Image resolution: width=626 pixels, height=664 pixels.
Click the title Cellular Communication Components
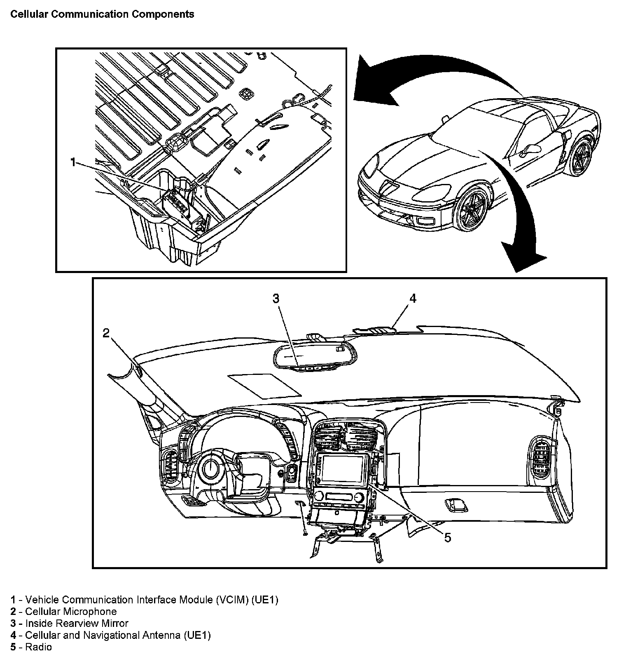[102, 14]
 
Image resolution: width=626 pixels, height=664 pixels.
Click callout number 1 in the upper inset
[73, 162]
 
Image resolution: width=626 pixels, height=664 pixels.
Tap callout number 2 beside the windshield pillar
[106, 333]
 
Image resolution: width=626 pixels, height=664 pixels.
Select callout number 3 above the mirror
[276, 298]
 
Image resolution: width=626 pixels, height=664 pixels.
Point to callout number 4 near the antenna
[412, 298]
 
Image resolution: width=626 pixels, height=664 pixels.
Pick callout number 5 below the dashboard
[447, 537]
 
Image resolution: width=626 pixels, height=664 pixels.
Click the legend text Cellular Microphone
[71, 612]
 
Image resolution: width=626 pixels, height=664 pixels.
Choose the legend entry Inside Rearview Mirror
[77, 623]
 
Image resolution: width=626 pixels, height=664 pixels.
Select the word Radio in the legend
[39, 647]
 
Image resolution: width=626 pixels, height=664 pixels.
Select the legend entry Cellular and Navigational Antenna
[118, 635]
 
